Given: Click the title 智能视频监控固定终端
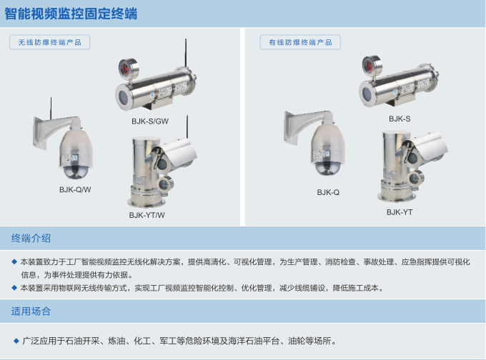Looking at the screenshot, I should pyautogui.click(x=71, y=14).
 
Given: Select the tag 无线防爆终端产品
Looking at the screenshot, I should pyautogui.click(x=49, y=42).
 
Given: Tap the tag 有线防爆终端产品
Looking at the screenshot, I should pyautogui.click(x=300, y=42).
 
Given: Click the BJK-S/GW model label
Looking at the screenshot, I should pyautogui.click(x=150, y=121).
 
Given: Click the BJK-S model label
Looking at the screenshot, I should pyautogui.click(x=400, y=119).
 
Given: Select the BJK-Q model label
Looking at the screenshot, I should pyautogui.click(x=328, y=192).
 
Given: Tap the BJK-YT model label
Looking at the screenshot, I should pyautogui.click(x=400, y=212).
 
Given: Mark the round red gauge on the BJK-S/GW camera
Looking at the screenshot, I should pyautogui.click(x=132, y=66).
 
